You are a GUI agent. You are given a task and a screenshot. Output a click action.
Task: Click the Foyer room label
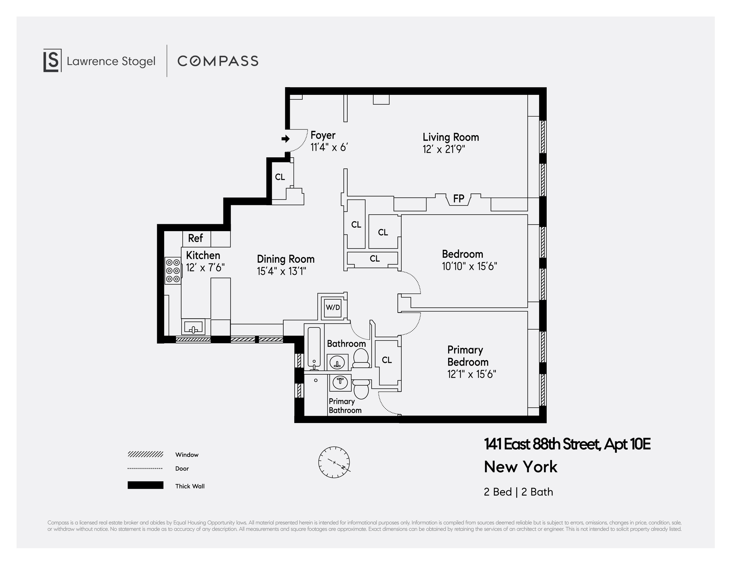tap(323, 135)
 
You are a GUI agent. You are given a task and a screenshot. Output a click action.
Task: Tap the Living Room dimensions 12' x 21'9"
tap(444, 149)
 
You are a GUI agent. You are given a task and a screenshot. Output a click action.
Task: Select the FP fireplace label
tap(459, 198)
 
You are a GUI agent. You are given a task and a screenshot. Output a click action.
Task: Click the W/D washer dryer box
tap(333, 307)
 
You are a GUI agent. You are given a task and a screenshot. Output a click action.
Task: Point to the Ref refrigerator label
tap(195, 238)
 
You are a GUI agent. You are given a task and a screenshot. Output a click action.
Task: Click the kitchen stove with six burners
tap(173, 271)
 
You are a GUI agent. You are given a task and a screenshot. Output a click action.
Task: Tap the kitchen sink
tap(194, 327)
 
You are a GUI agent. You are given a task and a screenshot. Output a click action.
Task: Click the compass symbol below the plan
tap(334, 462)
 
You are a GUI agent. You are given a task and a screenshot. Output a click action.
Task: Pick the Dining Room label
tap(286, 259)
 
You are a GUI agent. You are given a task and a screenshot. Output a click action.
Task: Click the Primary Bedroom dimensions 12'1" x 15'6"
tap(472, 374)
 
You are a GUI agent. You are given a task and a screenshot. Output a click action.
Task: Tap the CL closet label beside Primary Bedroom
tap(387, 360)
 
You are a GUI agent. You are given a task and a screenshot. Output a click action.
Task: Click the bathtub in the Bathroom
tap(314, 348)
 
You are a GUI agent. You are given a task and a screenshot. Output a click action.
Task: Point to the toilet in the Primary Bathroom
tap(361, 389)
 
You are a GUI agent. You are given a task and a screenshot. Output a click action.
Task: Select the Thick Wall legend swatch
tap(145, 485)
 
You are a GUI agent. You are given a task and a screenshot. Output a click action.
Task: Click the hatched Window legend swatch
tap(145, 454)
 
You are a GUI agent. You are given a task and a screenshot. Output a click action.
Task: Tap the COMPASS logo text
tap(218, 61)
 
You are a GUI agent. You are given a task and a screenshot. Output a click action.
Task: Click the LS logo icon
tap(52, 61)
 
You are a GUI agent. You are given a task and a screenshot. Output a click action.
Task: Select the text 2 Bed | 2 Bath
tap(518, 492)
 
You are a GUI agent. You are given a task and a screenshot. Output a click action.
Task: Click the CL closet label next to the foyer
tap(280, 177)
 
